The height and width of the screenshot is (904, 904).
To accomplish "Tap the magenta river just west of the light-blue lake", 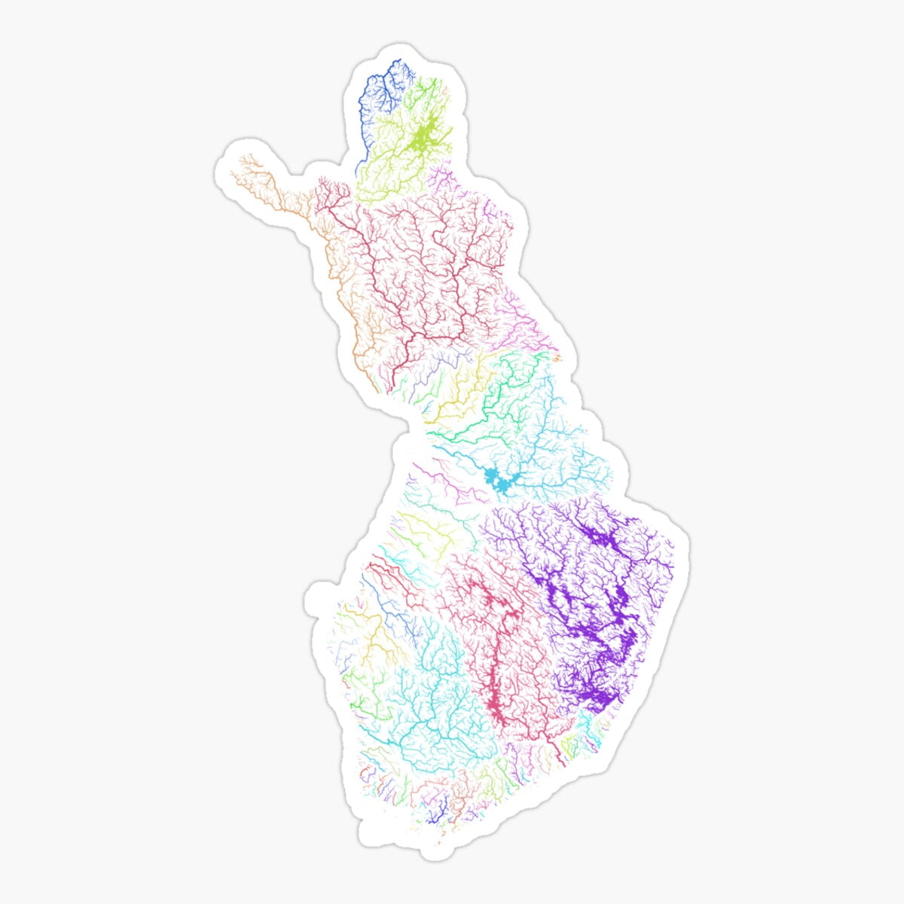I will point(452,482).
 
